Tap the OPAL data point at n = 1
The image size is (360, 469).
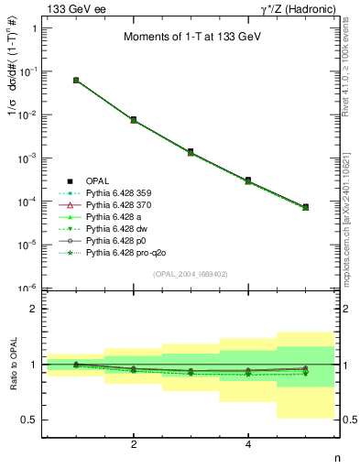[76, 81]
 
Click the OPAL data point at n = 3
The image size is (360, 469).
[191, 151]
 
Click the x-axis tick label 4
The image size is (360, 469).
[248, 445]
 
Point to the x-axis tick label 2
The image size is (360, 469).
[134, 445]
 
